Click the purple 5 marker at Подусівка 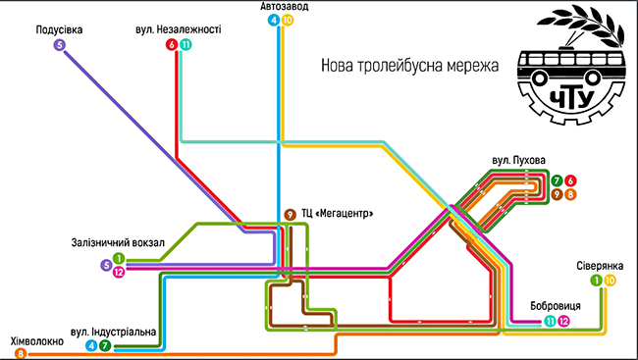click(x=60, y=45)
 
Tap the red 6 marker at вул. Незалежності click(x=172, y=45)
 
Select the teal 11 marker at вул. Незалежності click(x=186, y=45)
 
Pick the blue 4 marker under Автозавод click(x=274, y=20)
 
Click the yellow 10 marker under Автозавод click(x=288, y=20)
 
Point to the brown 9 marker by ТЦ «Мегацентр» click(x=290, y=215)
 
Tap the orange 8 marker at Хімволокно click(x=21, y=353)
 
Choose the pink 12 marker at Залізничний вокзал click(x=119, y=272)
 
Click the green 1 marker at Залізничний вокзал click(x=119, y=258)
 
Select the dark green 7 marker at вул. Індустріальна click(x=105, y=345)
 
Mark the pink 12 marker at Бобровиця click(x=563, y=321)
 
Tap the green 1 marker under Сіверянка click(x=597, y=281)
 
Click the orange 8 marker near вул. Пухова click(x=570, y=194)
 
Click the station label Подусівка click(x=60, y=30)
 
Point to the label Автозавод click(x=285, y=6)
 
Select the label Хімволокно click(x=37, y=341)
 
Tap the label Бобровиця click(x=556, y=306)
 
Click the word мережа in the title click(x=473, y=65)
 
